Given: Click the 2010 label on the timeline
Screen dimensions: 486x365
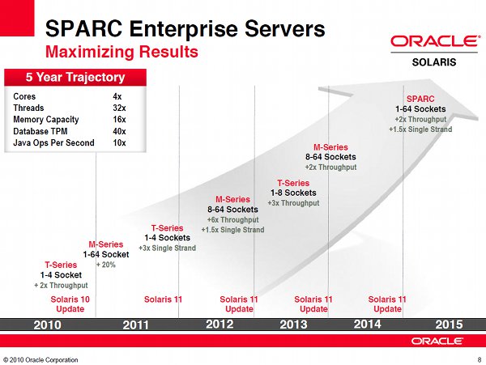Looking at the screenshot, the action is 48,325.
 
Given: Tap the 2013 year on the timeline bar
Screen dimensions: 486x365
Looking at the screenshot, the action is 293,325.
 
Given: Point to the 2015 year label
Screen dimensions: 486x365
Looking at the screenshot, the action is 449,325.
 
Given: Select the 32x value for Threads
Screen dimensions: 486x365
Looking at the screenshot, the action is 119,108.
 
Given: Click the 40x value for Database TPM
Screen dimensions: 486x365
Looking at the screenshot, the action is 119,131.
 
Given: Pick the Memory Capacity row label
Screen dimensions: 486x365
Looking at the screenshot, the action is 46,120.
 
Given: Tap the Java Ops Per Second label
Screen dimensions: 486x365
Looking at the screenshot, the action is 53,142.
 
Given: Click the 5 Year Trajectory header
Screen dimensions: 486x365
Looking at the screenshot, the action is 75,77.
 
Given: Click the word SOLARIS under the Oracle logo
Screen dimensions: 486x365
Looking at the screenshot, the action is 434,62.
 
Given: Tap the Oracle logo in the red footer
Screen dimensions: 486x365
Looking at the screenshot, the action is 437,341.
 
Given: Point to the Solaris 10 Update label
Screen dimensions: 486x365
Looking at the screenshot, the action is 70,304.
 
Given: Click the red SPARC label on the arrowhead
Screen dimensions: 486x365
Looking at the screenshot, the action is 420,99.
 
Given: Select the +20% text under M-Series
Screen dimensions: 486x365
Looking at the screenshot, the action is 105,265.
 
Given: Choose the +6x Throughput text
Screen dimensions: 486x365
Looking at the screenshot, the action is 232,220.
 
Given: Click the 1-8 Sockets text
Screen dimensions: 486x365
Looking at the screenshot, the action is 293,193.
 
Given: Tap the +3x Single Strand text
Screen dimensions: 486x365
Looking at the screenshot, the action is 168,248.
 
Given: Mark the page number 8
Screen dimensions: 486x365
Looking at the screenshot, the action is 480,360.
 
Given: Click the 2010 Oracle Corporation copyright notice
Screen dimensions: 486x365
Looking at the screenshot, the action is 40,359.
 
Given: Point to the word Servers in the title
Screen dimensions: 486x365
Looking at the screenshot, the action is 285,29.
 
